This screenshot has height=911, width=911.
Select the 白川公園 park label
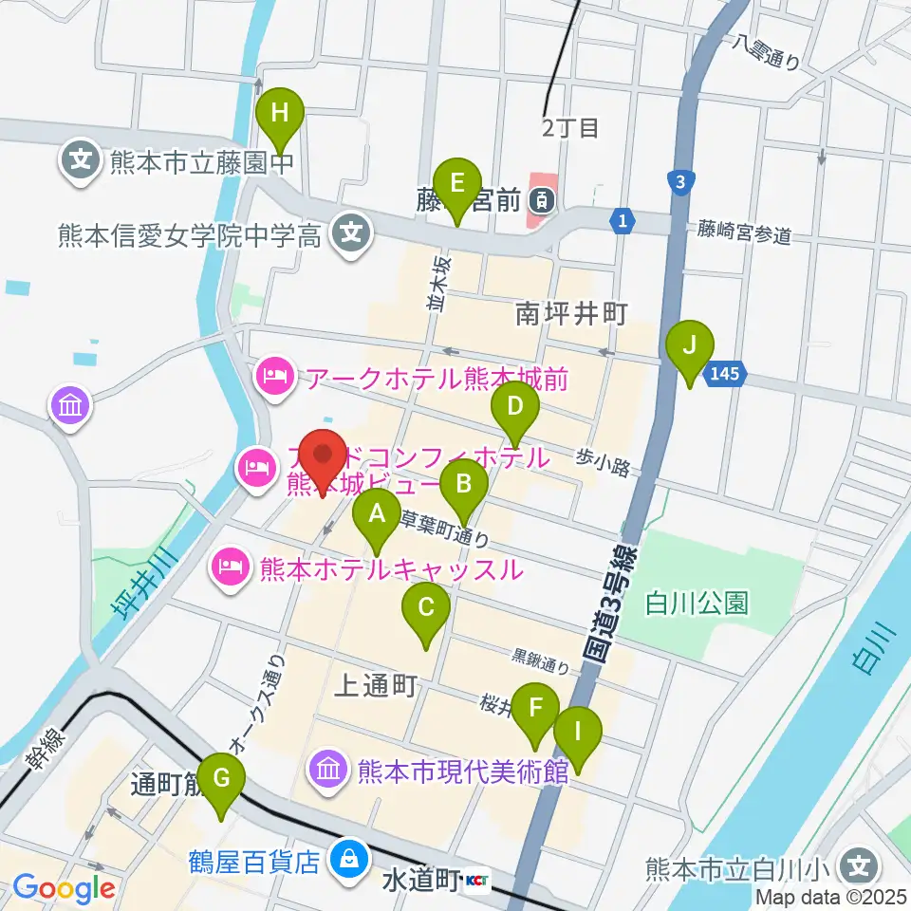(697, 602)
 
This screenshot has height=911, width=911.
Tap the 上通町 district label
(377, 688)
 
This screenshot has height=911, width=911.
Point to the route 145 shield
(724, 375)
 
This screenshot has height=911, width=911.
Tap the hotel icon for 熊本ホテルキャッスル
(231, 569)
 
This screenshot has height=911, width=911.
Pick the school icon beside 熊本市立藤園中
(80, 158)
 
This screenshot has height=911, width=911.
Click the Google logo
(63, 889)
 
